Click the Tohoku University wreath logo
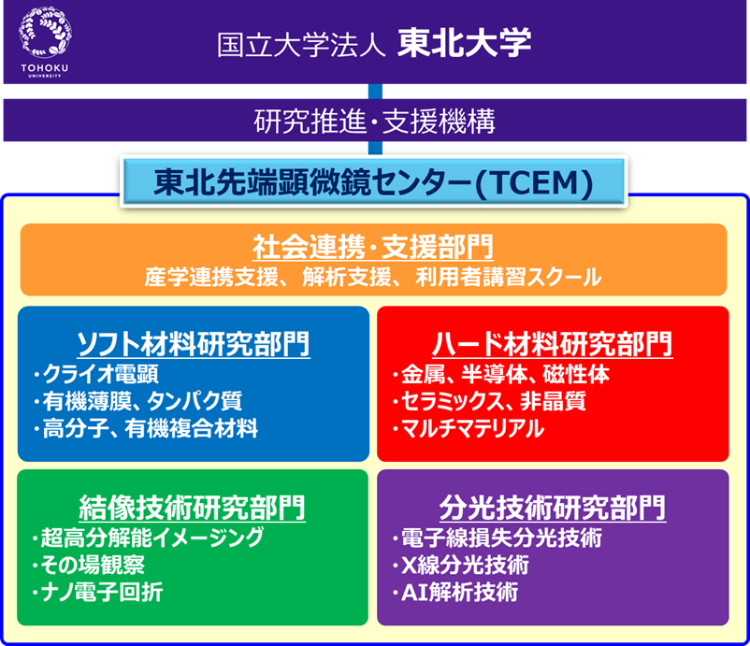45,32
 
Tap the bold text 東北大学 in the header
464,43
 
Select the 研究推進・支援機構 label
374,121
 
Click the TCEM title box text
373,182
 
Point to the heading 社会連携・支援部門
373,248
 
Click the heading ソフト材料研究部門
194,343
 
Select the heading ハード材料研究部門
553,343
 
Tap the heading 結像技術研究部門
193,508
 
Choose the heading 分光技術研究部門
553,508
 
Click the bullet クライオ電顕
95,374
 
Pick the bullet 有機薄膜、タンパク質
137,401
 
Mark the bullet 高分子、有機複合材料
145,428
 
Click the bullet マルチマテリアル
469,428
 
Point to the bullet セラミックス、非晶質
489,401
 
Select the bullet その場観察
89,565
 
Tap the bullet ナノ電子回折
97,592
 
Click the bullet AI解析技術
455,592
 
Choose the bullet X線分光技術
461,565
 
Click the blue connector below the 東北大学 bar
376,92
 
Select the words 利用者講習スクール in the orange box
509,278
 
